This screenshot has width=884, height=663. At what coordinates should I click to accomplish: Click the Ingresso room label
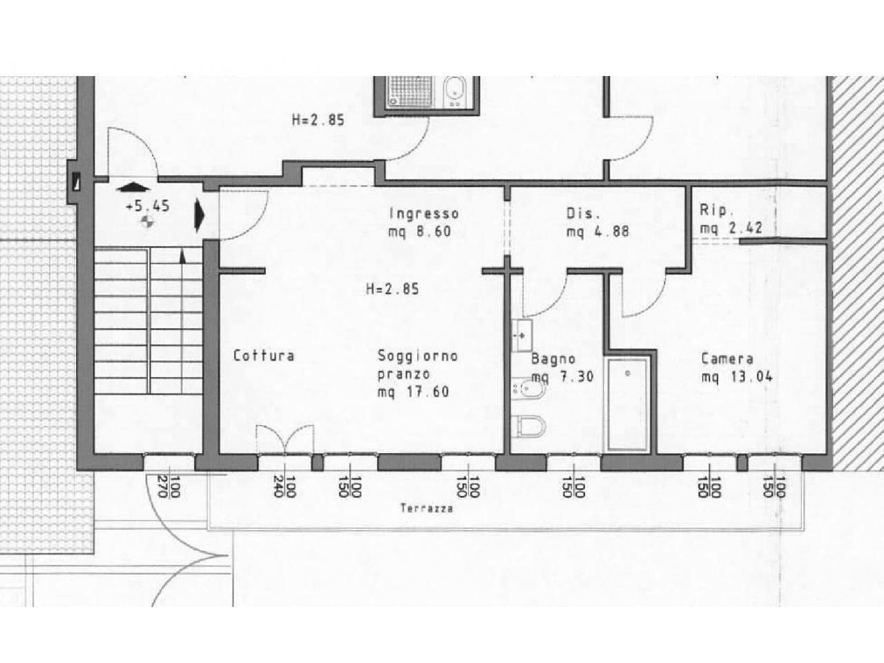coord(423,213)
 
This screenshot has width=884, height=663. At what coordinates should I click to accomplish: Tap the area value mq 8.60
coord(420,231)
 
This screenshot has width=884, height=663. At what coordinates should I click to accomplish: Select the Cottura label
coord(264,356)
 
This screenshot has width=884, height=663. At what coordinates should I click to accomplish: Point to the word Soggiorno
coord(418,356)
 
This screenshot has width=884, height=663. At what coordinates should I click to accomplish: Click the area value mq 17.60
coord(413,392)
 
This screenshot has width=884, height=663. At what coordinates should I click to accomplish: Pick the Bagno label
coord(553,358)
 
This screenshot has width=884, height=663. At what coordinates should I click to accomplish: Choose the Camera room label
coord(727,358)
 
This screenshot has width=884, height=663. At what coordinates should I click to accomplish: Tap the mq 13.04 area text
coord(737,377)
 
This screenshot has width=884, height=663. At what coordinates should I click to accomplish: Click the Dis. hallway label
coord(581,213)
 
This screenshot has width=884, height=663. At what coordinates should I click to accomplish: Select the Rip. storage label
coord(713,210)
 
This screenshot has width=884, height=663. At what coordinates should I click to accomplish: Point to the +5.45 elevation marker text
coord(147,206)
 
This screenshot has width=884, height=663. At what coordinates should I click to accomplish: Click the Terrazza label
coord(427,508)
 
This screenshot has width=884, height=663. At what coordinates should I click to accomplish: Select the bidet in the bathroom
coord(528,389)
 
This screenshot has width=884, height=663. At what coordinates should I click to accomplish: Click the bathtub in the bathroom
coord(628,404)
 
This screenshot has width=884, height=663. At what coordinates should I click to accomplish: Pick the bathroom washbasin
coord(522,335)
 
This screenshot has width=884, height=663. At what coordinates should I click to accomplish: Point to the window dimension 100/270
coord(169,487)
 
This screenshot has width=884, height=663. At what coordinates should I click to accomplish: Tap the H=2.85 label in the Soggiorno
coord(392,289)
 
